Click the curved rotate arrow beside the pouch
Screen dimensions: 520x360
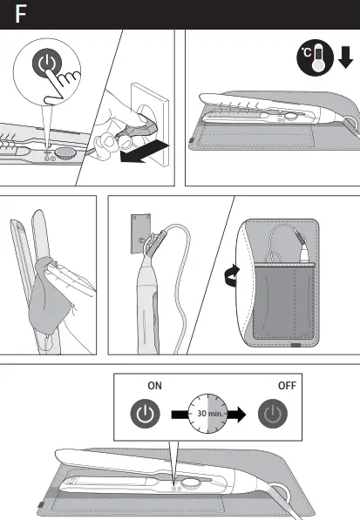pos(230,277)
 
